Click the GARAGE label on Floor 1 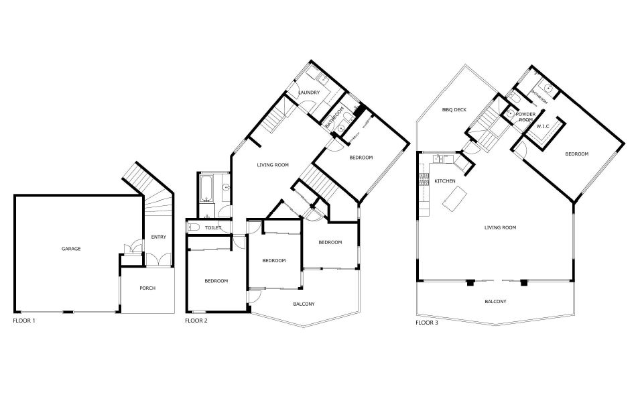coord(71,249)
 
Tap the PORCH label coord(147,288)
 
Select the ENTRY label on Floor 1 coord(158,237)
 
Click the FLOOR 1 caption coord(24,321)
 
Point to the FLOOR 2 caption coord(196,321)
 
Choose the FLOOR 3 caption coord(426,323)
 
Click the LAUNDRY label coord(308,93)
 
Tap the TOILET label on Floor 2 coord(212,228)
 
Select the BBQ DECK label coord(454,110)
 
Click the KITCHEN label coord(444,181)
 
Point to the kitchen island coord(454,199)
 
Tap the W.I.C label coord(543,126)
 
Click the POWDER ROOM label coord(525,117)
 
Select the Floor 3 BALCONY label coord(495,302)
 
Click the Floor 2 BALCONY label coord(304,304)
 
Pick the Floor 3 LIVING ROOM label coord(500,227)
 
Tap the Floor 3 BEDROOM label coord(576,154)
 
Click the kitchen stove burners coord(422,180)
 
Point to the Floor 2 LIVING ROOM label coord(273,165)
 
